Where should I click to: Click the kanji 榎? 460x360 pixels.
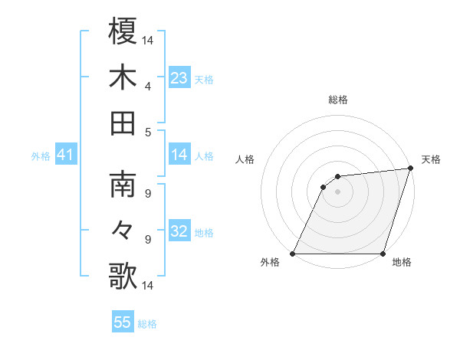(123, 32)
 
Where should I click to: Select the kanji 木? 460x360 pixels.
(123, 77)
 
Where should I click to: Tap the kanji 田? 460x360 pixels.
(123, 123)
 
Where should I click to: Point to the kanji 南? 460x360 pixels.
(123, 185)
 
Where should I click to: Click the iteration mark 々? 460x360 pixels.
(123, 231)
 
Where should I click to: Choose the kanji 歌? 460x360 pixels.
(123, 276)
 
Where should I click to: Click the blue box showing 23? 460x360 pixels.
(179, 78)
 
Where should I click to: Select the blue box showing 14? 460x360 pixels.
(179, 155)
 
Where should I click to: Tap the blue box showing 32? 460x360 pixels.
(179, 231)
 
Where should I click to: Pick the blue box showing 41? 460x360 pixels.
(65, 155)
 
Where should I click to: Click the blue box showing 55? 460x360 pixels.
(123, 322)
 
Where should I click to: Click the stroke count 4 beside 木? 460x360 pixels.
(147, 86)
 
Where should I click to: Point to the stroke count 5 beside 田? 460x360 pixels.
(147, 132)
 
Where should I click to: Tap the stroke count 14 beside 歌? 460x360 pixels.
(147, 286)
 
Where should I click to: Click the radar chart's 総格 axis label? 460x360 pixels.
(337, 100)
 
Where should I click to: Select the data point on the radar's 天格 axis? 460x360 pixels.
(411, 169)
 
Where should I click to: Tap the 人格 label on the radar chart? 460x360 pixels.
(245, 159)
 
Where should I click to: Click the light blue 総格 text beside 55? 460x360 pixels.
(147, 324)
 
